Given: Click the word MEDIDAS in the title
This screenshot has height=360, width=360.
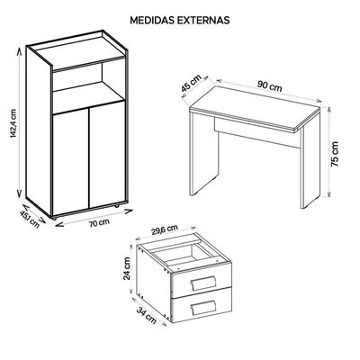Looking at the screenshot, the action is tap(152, 20).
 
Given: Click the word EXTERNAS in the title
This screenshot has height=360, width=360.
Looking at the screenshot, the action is tap(203, 20).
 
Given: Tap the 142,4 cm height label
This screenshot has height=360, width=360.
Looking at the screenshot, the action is tap(13, 123).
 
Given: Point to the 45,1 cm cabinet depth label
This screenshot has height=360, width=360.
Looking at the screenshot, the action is tap(30, 219).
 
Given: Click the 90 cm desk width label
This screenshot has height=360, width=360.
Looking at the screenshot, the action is tap(270, 86).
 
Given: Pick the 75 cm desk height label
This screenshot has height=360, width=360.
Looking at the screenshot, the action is tap(335, 154).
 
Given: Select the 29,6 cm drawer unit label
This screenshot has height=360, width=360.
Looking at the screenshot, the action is tap(165, 229).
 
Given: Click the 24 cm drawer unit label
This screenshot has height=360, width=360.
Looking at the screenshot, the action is tap(127, 268).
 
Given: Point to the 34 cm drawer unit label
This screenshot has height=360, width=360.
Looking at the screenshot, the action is tap(147, 315).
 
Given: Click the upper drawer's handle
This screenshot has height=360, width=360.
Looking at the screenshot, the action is tap(203, 283).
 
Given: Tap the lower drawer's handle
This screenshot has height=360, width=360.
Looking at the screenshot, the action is tap(203, 307).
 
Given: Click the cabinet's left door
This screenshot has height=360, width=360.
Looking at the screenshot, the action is tap(70, 161).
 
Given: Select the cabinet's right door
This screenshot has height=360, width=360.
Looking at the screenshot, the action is tap(107, 155).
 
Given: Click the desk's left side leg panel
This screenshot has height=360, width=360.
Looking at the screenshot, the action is tap(204, 151).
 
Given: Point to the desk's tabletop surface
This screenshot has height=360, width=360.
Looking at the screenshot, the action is tap(256, 105).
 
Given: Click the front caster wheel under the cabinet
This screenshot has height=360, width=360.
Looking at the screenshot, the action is tap(54, 218).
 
